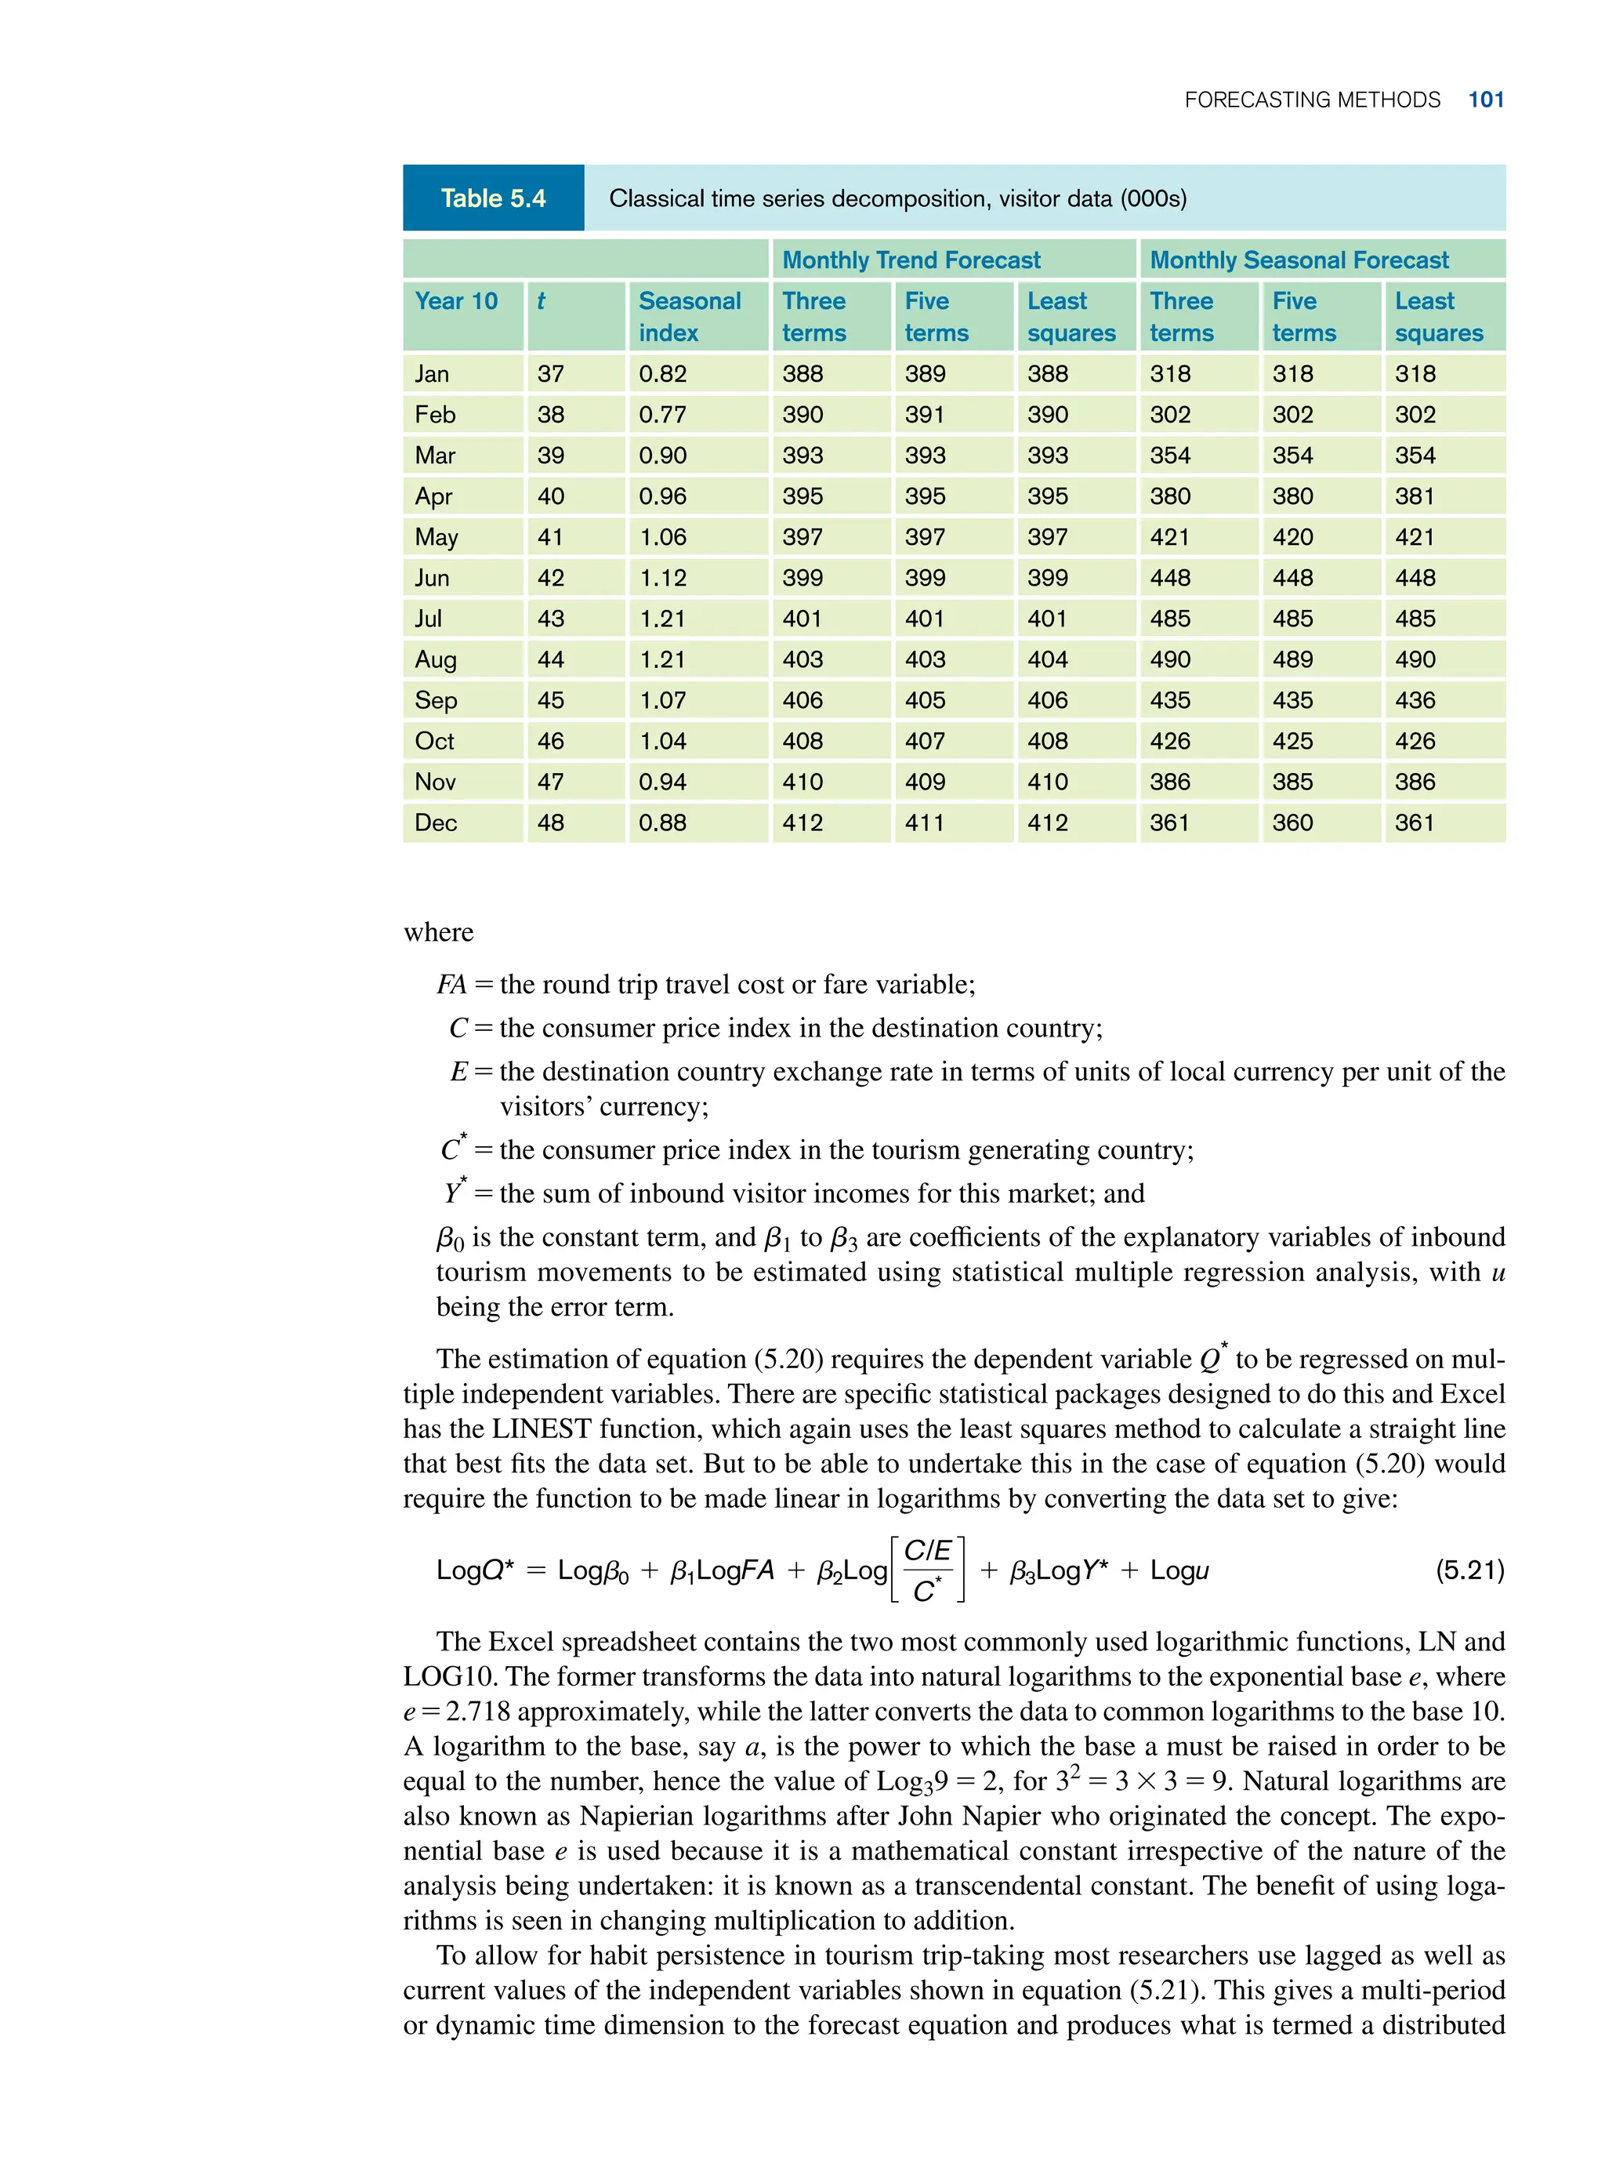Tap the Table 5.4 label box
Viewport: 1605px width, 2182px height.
(x=493, y=198)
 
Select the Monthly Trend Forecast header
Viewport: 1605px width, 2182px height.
(x=911, y=260)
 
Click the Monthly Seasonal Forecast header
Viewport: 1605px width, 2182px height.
(x=1298, y=260)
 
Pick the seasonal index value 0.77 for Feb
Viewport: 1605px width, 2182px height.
(x=661, y=415)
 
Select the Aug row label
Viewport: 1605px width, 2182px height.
(x=434, y=660)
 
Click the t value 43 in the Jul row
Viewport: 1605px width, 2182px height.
(x=550, y=619)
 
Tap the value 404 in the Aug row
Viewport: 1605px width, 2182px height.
(x=1047, y=660)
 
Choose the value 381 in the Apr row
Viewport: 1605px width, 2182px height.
(x=1415, y=496)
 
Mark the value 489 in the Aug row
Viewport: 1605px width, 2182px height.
(x=1292, y=660)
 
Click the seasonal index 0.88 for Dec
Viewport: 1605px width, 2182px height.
(x=661, y=823)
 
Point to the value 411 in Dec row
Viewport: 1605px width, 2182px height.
(x=924, y=823)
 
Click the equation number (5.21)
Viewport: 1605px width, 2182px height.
(x=1469, y=1570)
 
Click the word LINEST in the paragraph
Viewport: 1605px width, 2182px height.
(x=542, y=1429)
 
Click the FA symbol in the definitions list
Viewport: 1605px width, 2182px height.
(x=451, y=985)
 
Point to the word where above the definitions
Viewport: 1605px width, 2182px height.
(x=438, y=932)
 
